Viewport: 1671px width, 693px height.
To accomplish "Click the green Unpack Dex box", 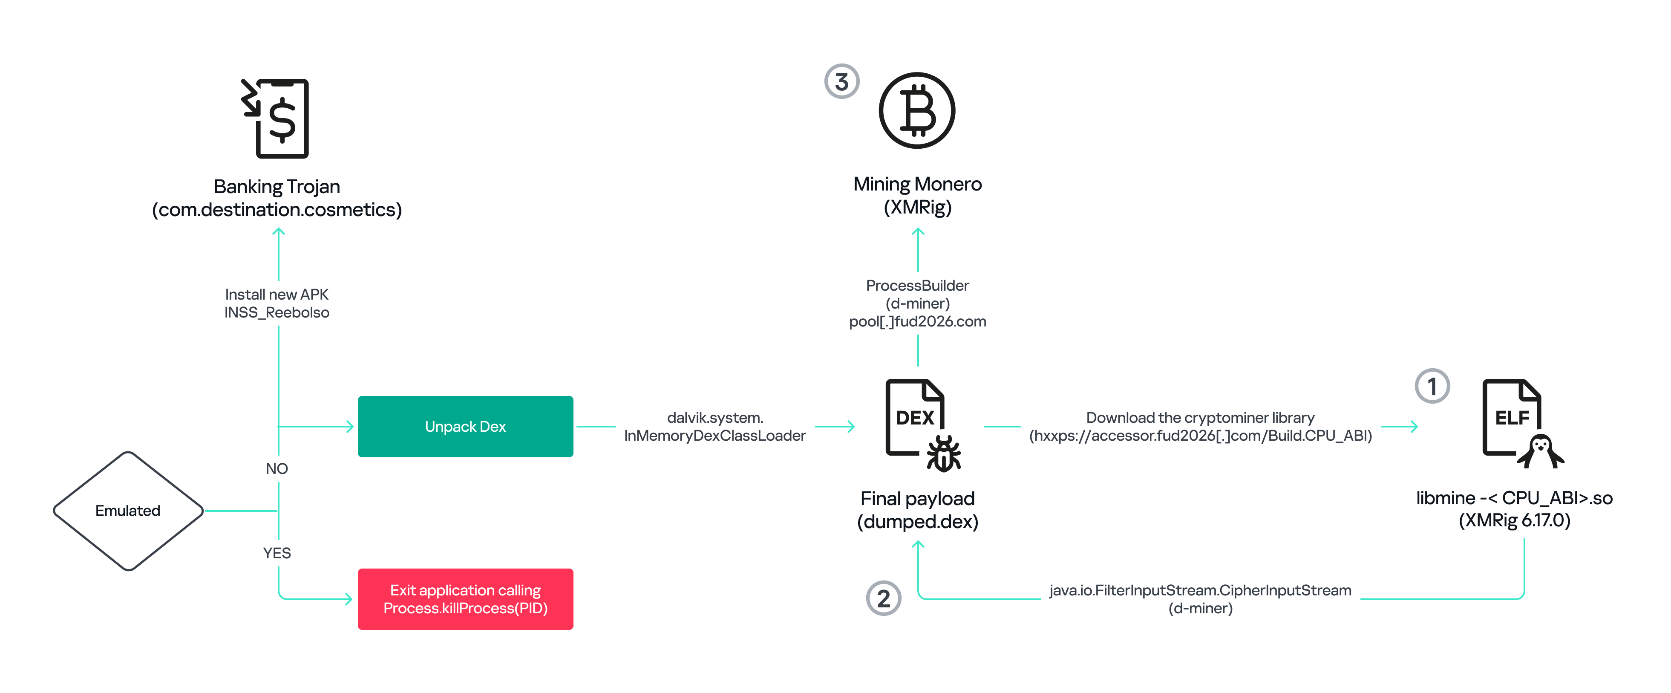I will (x=465, y=426).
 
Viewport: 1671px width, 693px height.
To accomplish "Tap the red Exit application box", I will (x=465, y=599).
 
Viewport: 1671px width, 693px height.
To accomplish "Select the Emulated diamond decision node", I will (x=128, y=511).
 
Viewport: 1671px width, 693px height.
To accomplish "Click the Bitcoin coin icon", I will (x=916, y=110).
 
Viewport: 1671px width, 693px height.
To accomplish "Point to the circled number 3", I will (x=841, y=82).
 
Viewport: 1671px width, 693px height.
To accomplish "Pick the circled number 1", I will (x=1432, y=387).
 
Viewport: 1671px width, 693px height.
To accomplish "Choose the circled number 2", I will (x=884, y=598).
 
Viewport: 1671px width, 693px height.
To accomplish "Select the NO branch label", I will (x=277, y=468).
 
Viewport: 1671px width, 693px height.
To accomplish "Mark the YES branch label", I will (x=277, y=553).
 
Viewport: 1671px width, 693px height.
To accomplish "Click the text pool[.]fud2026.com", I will (x=917, y=322).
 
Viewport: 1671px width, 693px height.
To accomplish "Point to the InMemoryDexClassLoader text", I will (x=715, y=436).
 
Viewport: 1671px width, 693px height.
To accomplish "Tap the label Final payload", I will (x=917, y=498).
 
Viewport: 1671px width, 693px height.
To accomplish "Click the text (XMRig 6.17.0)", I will (x=1514, y=520).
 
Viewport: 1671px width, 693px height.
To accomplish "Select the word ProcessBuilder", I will (x=917, y=286).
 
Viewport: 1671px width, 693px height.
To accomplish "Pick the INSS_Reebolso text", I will (x=277, y=313).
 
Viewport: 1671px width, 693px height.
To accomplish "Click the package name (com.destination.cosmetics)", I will (x=277, y=210).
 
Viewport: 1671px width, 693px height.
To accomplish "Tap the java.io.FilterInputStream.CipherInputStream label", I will (x=1200, y=590).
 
